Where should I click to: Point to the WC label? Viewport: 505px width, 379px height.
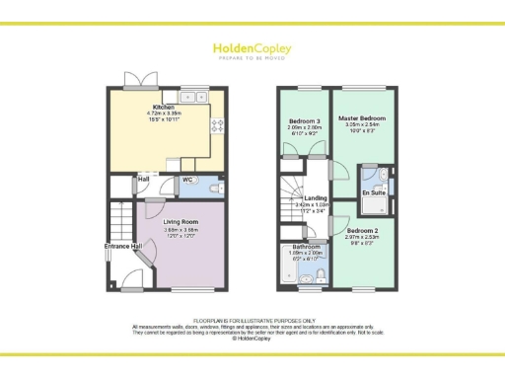(x=187, y=181)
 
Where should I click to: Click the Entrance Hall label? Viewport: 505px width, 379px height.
(x=123, y=245)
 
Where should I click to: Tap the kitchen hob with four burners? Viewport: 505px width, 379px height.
(x=218, y=124)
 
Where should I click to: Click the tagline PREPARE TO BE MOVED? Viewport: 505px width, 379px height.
(x=252, y=58)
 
